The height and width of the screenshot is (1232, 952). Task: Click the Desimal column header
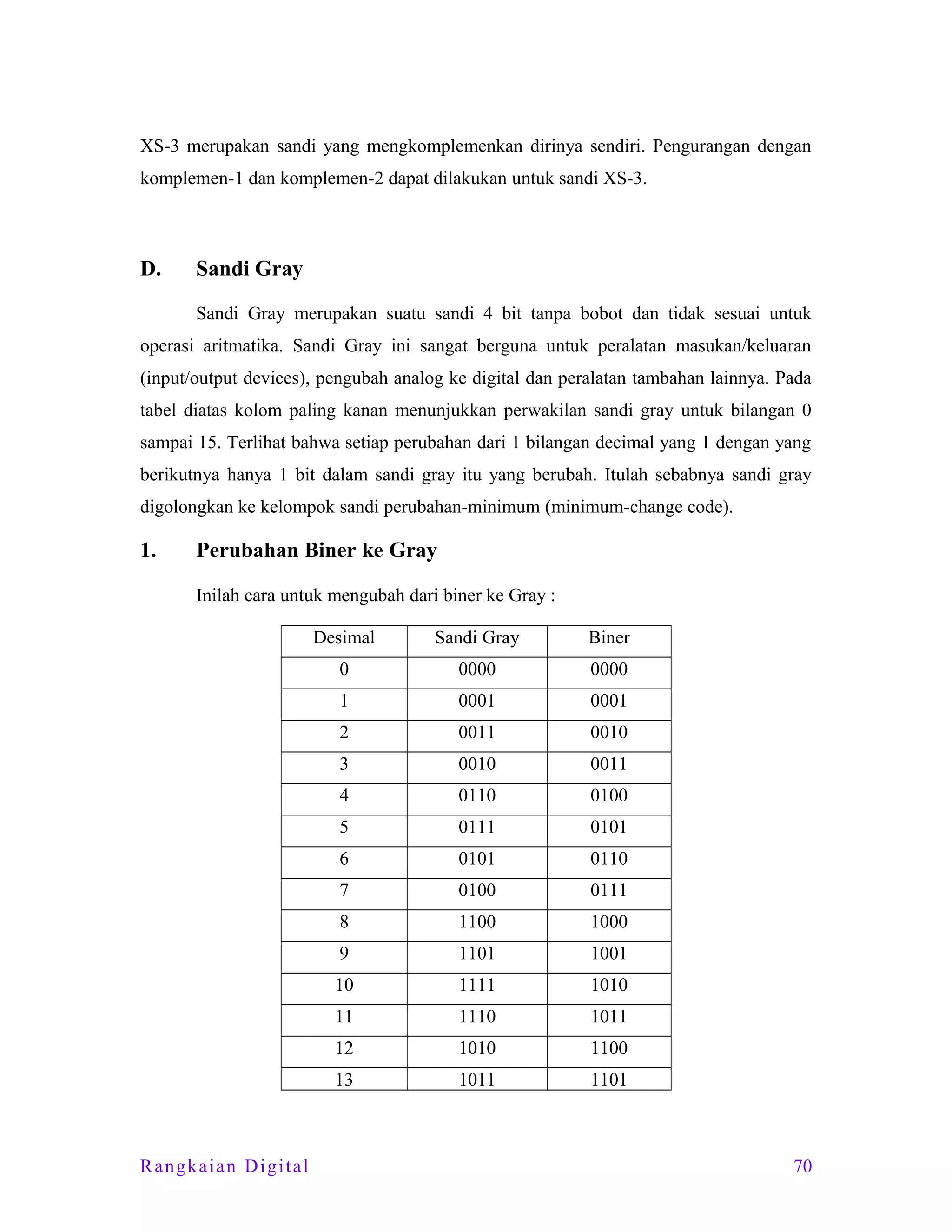344,638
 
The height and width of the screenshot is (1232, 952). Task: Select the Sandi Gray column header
476,638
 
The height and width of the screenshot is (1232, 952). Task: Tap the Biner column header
608,638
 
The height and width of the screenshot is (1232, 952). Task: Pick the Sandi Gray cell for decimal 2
476,733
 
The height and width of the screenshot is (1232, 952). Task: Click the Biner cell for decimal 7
608,891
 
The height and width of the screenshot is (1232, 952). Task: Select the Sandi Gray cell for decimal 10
476,986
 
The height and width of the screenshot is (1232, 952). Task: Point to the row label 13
344,1080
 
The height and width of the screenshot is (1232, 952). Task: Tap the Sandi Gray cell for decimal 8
476,922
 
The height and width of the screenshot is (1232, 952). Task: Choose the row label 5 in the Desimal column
344,828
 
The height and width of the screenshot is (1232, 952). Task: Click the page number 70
802,1166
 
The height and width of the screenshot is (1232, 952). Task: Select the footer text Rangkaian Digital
225,1166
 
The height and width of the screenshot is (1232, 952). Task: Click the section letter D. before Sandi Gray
150,269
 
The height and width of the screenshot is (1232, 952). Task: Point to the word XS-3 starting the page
159,146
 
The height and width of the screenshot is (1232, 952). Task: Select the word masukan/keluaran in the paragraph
743,346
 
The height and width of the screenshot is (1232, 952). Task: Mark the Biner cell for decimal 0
608,669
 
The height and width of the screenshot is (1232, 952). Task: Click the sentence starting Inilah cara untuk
375,596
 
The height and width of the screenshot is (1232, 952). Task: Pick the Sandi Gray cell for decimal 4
476,796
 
